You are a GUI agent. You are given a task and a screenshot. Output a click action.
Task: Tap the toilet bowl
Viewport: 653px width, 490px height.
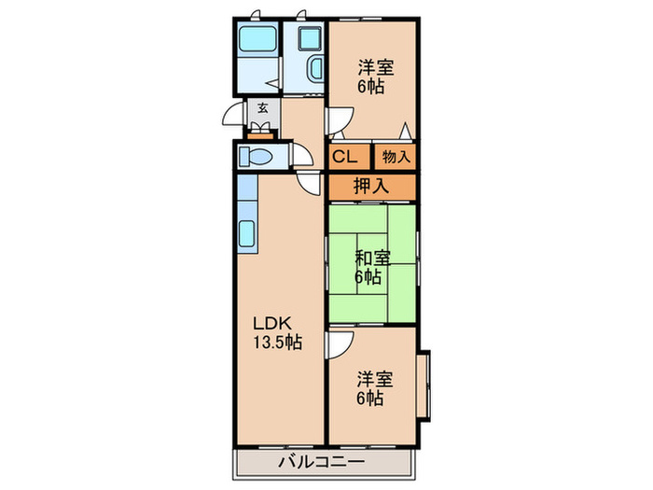coord(256,156)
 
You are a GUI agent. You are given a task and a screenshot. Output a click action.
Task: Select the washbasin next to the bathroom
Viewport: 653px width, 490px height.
coord(313,68)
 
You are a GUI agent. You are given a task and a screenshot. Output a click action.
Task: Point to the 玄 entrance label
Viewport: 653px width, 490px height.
coord(262,108)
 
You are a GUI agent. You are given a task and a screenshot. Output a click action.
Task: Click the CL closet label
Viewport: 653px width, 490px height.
coord(344,156)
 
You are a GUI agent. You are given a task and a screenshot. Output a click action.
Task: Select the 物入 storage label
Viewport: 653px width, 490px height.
coord(396,157)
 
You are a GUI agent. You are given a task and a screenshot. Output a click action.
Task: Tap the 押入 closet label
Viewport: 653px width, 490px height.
coord(370,185)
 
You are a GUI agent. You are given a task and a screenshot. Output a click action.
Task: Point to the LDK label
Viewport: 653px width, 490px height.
coord(272,324)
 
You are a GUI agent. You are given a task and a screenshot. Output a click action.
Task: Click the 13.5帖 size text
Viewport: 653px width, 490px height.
coord(275,343)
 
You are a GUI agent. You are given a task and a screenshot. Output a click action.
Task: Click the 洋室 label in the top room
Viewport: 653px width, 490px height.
coord(374,67)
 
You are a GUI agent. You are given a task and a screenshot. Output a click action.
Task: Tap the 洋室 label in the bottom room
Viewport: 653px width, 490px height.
coord(374,380)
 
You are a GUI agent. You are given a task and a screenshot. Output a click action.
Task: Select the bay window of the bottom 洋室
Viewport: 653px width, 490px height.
coord(424,384)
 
